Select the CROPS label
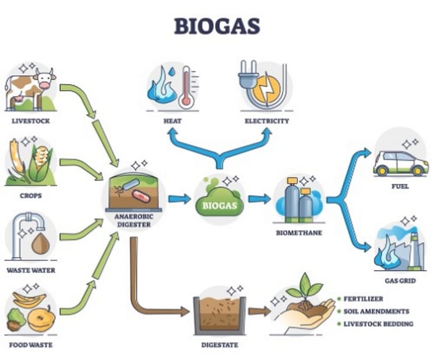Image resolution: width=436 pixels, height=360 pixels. [30, 195]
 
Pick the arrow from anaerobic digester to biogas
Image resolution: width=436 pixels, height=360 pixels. [179, 199]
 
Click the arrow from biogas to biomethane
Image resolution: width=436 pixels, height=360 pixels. [259, 199]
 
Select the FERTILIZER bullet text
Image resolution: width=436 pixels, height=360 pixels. [363, 299]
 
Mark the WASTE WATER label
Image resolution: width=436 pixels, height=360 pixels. [30, 270]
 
